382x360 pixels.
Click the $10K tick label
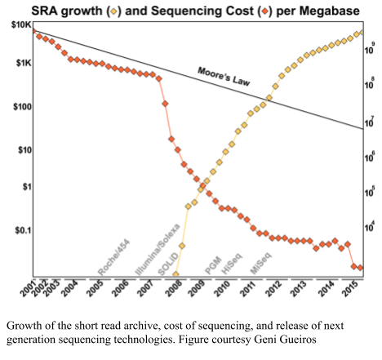click(x=22, y=25)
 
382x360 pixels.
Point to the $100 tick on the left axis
click(x=22, y=107)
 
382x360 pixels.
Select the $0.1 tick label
click(x=24, y=231)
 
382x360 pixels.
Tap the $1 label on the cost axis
click(x=27, y=187)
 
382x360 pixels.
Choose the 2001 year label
click(x=29, y=287)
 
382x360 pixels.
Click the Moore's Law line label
click(x=224, y=77)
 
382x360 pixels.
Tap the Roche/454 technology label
click(x=113, y=257)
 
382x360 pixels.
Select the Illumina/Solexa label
click(x=158, y=250)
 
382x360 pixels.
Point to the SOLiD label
click(x=168, y=264)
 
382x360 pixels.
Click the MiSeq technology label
click(x=260, y=263)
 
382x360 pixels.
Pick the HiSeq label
click(x=232, y=264)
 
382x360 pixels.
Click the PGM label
click(x=213, y=265)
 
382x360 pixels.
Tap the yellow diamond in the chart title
click(x=114, y=11)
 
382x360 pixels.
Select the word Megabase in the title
click(x=330, y=11)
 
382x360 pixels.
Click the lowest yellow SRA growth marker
click(x=175, y=274)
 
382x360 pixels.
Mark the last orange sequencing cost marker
click(x=360, y=268)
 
